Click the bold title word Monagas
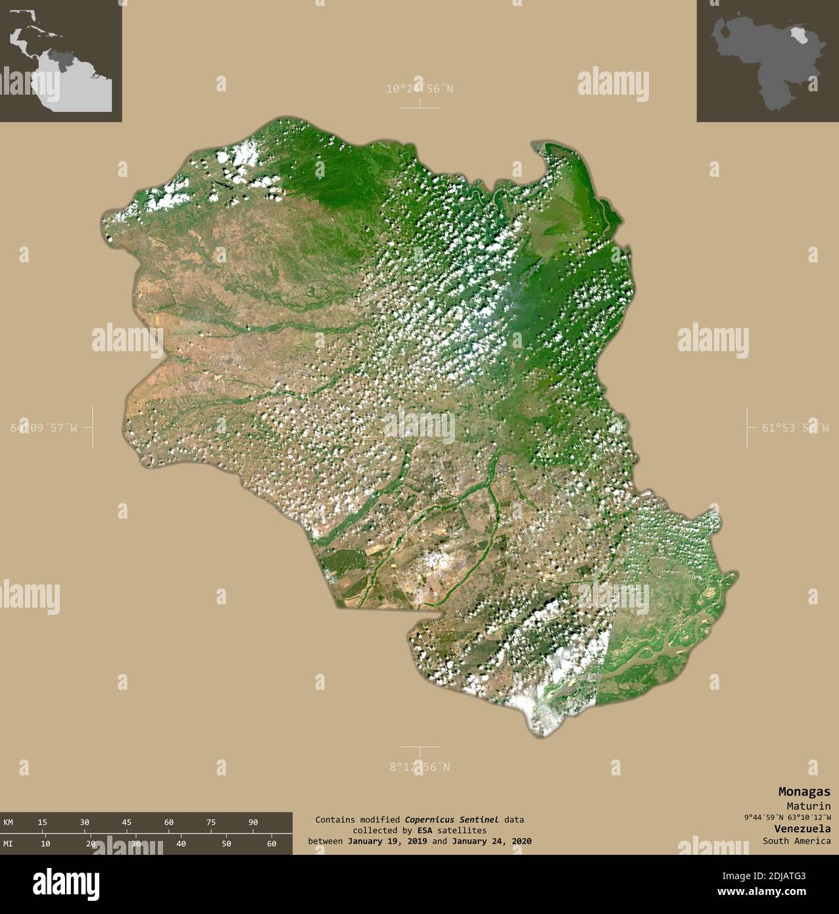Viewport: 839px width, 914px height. click(x=804, y=792)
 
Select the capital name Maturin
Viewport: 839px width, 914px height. click(x=808, y=806)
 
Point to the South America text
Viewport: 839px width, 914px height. click(x=796, y=840)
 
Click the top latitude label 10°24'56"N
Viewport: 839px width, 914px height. click(x=419, y=88)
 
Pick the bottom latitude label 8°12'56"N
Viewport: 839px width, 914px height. click(x=419, y=767)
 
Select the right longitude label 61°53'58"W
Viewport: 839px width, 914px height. click(x=796, y=427)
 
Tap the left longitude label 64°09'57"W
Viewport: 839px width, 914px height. click(x=43, y=427)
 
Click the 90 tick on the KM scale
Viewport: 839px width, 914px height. click(x=253, y=822)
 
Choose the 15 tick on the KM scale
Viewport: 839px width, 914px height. click(x=42, y=822)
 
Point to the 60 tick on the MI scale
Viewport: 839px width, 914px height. click(x=272, y=844)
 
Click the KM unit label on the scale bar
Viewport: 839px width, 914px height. click(x=8, y=822)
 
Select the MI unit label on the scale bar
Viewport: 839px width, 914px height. click(x=8, y=844)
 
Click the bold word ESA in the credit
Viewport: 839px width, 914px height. click(x=412, y=830)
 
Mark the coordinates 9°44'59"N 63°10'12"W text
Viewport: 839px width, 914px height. click(x=787, y=817)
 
